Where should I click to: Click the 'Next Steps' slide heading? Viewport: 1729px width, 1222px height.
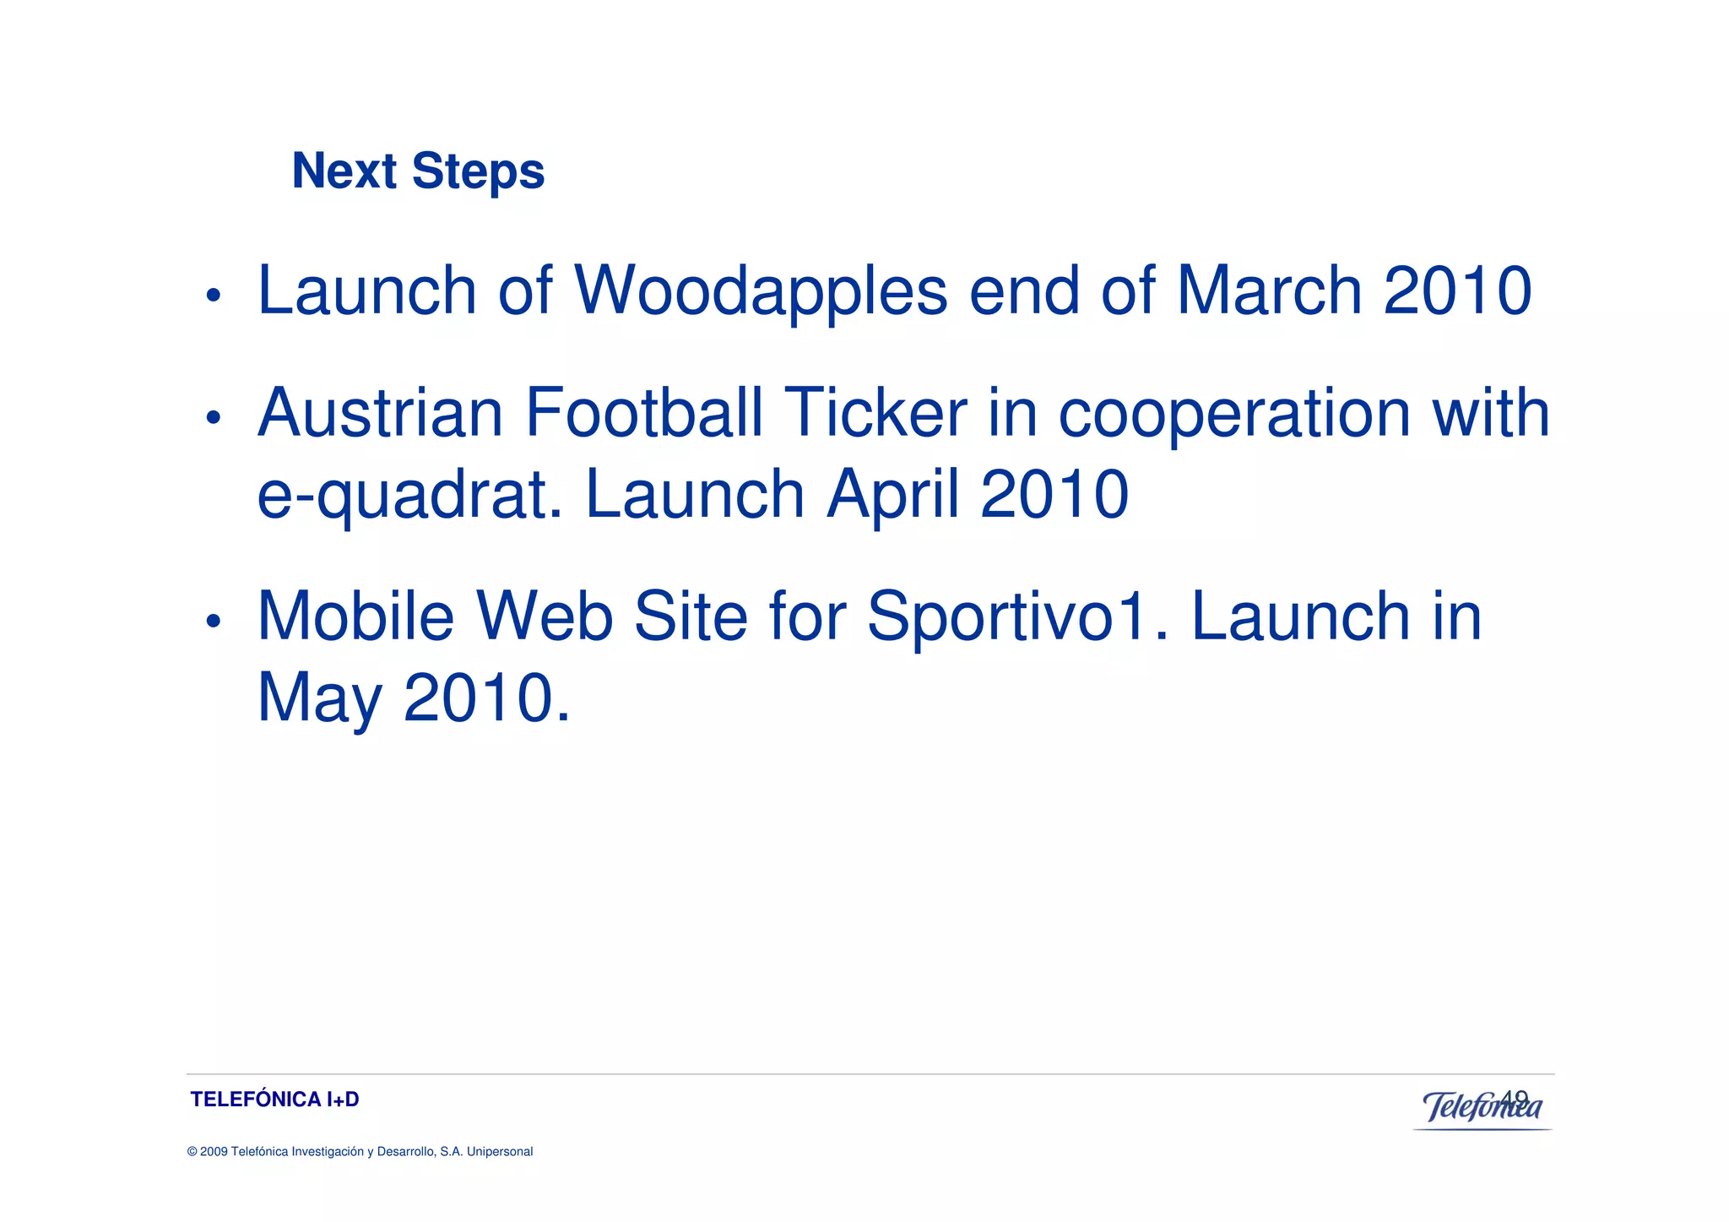point(418,171)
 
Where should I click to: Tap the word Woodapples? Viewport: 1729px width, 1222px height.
point(761,291)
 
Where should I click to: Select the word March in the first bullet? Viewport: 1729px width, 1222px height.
point(1269,291)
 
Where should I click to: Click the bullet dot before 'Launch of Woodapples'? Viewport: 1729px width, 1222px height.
point(214,296)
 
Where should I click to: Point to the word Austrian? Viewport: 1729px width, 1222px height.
point(380,413)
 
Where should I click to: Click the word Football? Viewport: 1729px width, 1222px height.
point(643,413)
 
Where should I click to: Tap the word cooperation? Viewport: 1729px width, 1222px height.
point(1234,413)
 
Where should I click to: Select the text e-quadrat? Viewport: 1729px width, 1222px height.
point(409,496)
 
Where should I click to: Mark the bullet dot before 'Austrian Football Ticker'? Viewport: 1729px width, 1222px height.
point(214,417)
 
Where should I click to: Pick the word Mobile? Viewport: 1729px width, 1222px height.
point(355,616)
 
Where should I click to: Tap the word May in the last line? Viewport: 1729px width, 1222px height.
point(319,699)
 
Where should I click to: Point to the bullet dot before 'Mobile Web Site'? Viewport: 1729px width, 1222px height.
point(214,622)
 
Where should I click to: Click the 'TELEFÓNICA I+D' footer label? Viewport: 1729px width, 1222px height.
point(274,1100)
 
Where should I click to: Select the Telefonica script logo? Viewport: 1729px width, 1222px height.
point(1482,1107)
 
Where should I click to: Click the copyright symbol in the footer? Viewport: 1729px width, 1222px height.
point(192,1152)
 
